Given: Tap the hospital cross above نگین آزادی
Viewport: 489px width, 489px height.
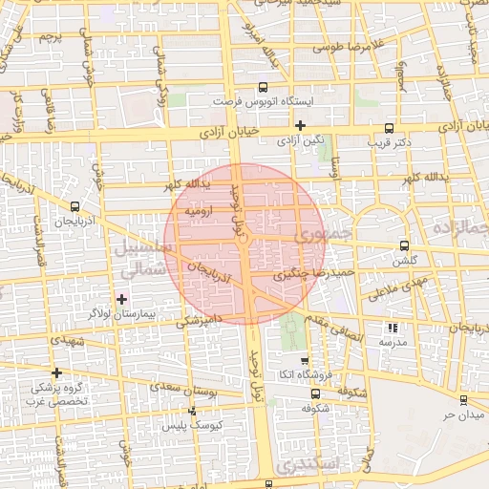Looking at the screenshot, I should pyautogui.click(x=300, y=125).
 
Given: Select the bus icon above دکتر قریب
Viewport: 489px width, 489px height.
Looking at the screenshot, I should pyautogui.click(x=388, y=128).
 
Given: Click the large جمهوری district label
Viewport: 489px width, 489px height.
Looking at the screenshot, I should pyautogui.click(x=325, y=232).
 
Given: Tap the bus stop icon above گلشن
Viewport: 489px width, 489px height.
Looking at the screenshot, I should pyautogui.click(x=404, y=245).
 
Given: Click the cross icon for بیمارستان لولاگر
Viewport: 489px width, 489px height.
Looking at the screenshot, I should pyautogui.click(x=121, y=299).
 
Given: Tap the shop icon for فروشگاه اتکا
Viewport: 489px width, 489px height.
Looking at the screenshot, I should pyautogui.click(x=304, y=361).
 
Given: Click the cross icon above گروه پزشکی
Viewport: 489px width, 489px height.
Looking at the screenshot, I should pyautogui.click(x=57, y=372).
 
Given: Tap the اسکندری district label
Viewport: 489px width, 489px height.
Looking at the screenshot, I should pyautogui.click(x=304, y=463).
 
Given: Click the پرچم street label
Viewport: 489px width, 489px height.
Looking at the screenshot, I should pyautogui.click(x=50, y=38).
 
